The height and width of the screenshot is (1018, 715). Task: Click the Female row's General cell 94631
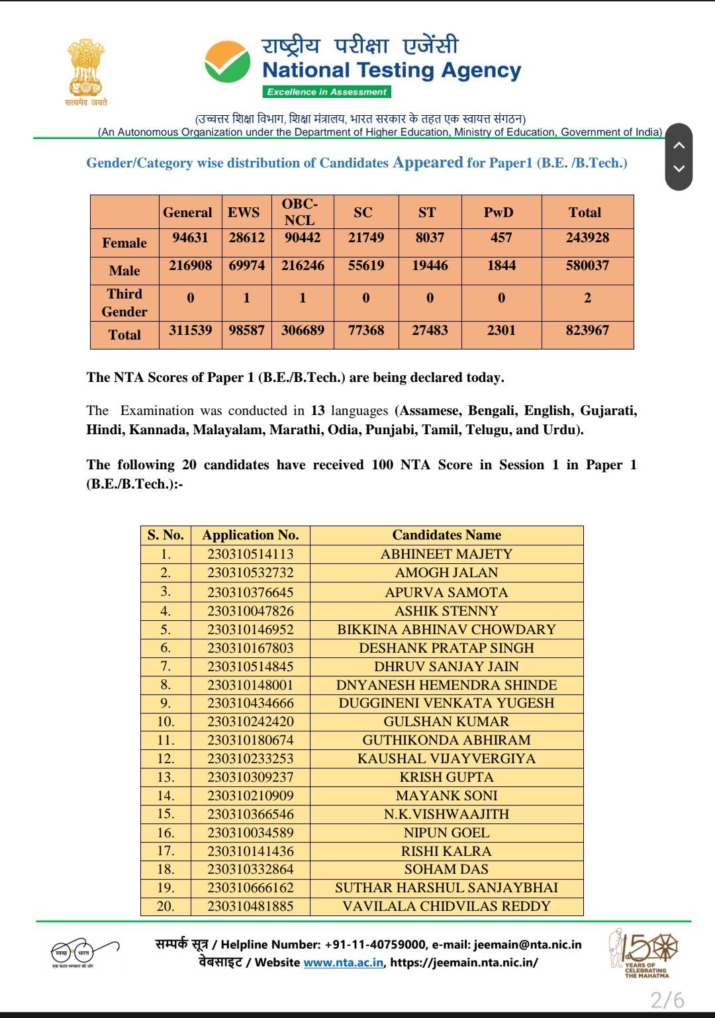[x=190, y=238]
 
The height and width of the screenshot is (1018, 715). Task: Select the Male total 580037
[x=587, y=265]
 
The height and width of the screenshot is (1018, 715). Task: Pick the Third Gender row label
[x=124, y=302]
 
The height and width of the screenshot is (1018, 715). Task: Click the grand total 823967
[x=587, y=330]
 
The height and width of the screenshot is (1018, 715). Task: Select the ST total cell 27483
[x=430, y=330]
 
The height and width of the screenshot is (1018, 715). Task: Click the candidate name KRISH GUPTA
[x=446, y=777]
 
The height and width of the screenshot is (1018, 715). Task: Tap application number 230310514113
[x=250, y=554]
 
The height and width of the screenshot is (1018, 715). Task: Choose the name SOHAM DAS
[x=446, y=869]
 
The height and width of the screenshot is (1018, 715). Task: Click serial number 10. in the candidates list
[x=166, y=721]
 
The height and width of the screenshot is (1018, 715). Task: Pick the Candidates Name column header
[x=446, y=535]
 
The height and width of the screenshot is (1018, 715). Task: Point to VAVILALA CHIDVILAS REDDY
[x=446, y=906]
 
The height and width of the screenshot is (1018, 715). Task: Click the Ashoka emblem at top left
[x=86, y=69]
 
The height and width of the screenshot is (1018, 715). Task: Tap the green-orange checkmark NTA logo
[x=227, y=62]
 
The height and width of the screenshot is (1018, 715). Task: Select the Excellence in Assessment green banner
[x=327, y=92]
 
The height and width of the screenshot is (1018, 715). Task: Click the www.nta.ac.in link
[x=343, y=962]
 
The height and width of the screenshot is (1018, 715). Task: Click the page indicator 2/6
[x=667, y=999]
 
